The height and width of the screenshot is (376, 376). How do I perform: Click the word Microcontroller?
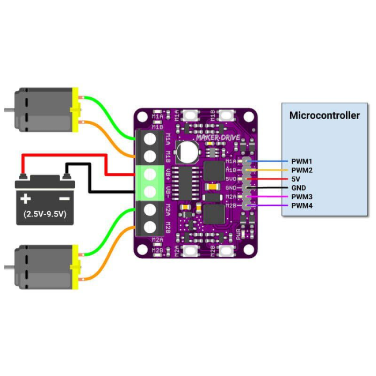tap(324, 115)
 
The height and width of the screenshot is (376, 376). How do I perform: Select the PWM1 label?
tap(302, 161)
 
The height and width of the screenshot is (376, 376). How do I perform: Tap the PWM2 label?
tap(302, 170)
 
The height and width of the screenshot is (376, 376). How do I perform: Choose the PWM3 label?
tap(302, 197)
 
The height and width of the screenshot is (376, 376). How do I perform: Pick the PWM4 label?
tap(302, 206)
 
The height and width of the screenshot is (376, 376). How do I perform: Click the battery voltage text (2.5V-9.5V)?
tap(45, 213)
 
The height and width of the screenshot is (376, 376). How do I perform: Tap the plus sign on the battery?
tap(25, 199)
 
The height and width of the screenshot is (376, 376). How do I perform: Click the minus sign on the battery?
tap(64, 199)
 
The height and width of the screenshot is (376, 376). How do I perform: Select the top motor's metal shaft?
tap(8, 110)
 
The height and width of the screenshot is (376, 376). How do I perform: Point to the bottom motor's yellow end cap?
tap(75, 267)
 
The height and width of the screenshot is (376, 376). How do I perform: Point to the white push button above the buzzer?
tap(191, 115)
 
